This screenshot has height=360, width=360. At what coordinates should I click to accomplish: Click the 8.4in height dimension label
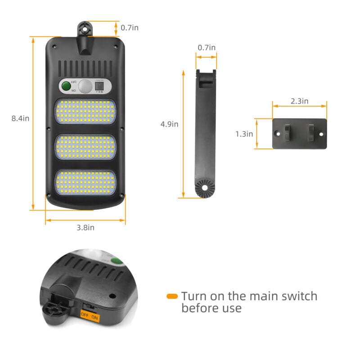tap(20, 119)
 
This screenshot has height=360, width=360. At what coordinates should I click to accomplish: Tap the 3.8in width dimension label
tap(85, 227)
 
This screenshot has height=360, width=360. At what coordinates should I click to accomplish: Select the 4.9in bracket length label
tap(169, 124)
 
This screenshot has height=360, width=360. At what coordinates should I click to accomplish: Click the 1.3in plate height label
tap(244, 134)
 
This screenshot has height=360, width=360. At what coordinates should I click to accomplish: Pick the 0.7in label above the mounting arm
tap(207, 48)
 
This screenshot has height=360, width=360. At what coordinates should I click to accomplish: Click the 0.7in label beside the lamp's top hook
tap(130, 28)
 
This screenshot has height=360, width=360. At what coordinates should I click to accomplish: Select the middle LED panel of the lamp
tap(85, 147)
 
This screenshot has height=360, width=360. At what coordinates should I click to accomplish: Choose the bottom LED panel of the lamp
tap(85, 182)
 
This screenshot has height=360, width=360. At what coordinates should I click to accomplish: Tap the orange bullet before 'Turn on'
tap(172, 296)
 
